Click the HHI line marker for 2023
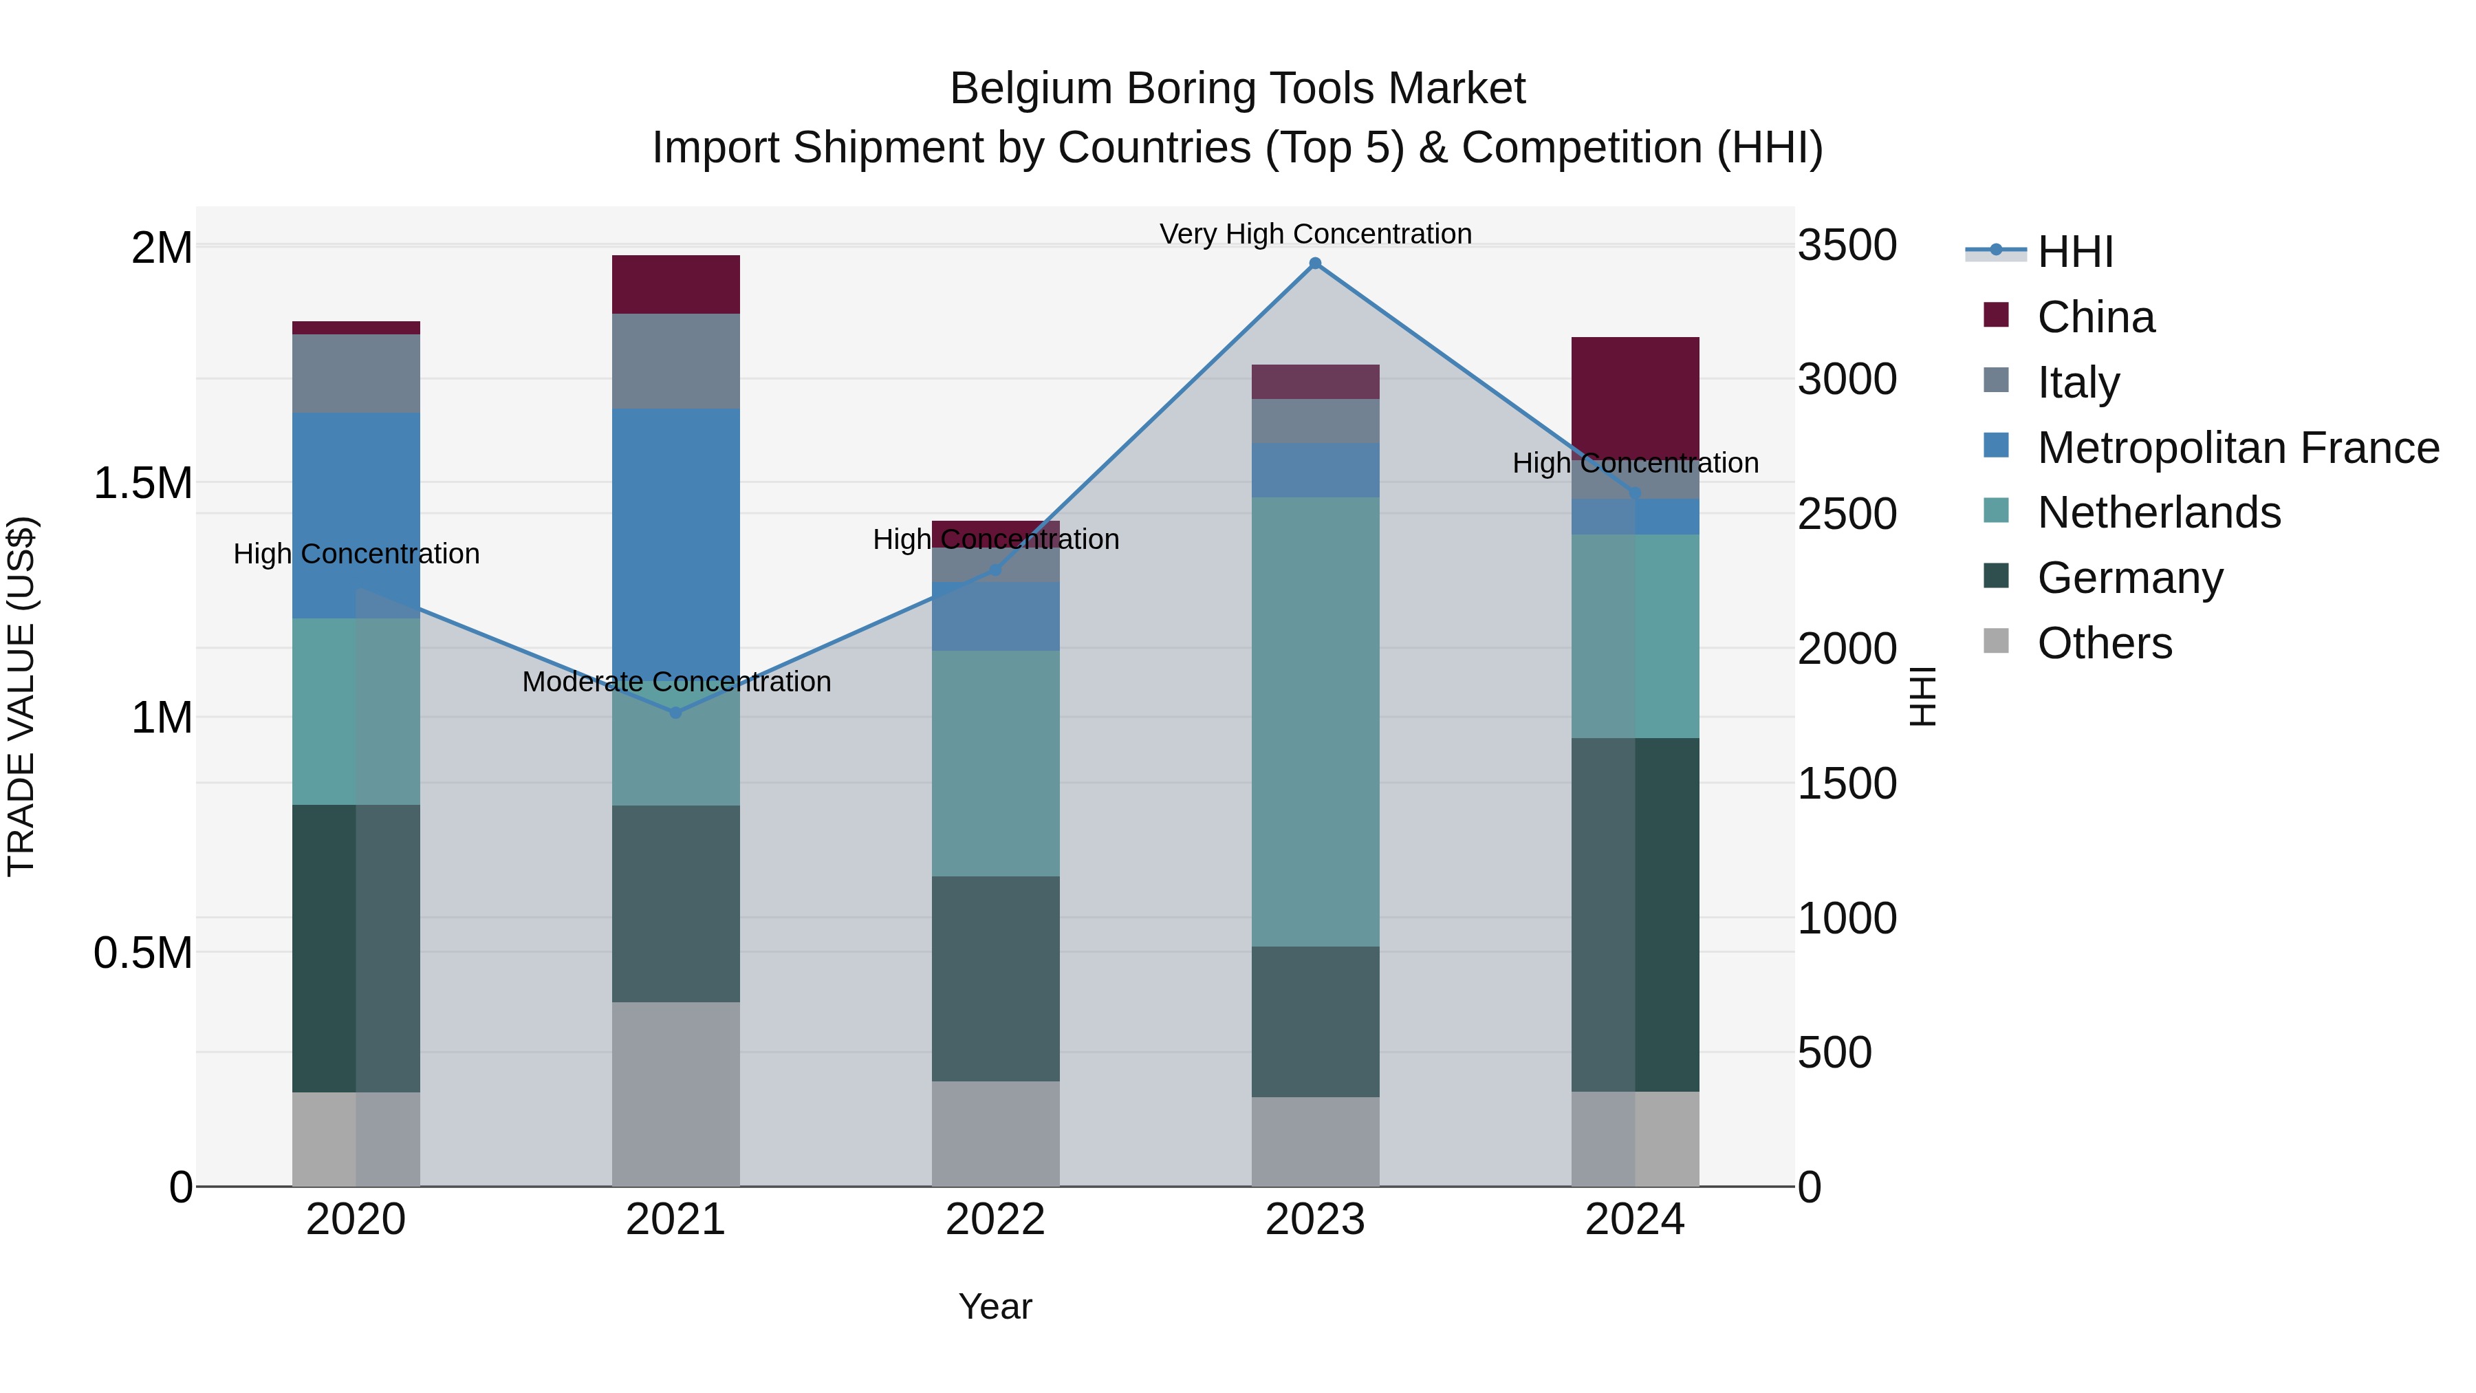pos(1315,263)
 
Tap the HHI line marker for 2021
pos(675,713)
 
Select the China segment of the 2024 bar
pos(1635,394)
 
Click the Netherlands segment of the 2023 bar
pos(1315,721)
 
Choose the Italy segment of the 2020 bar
pos(356,374)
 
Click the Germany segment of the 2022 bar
pos(996,979)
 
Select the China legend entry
pos(2096,317)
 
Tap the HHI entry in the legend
pos(2074,252)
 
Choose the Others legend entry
pos(2104,643)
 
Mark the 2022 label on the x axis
pos(996,1220)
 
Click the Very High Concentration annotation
pos(1315,234)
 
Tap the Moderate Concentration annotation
pos(675,682)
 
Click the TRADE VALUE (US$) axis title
pos(21,696)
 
